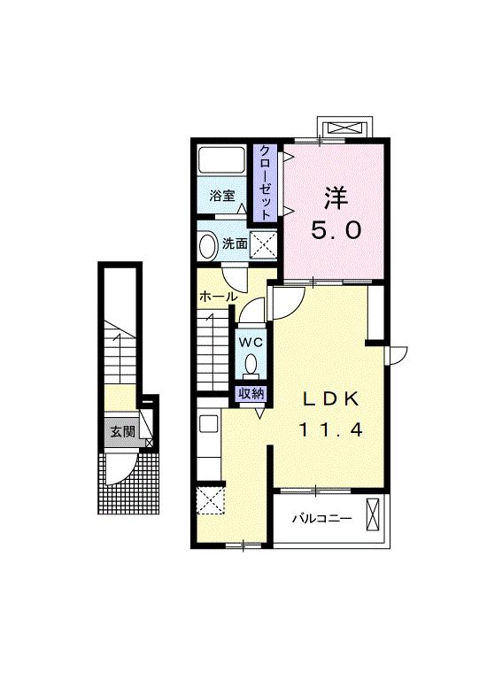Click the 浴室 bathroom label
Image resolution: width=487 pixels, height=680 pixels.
click(x=221, y=196)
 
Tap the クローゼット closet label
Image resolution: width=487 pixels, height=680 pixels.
click(x=265, y=182)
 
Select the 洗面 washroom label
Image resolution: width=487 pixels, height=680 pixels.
click(x=235, y=243)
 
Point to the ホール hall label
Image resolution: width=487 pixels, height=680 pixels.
click(x=218, y=297)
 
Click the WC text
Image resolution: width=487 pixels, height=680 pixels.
click(x=251, y=342)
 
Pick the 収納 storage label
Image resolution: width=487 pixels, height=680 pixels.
click(x=251, y=393)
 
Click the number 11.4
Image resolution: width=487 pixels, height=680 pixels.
click(x=330, y=429)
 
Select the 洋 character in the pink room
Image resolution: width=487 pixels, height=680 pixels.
click(x=336, y=197)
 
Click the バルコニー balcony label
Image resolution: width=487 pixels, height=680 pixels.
click(x=321, y=518)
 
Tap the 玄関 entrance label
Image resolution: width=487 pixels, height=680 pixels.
click(x=122, y=431)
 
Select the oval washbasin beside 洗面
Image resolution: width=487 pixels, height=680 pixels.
click(x=208, y=245)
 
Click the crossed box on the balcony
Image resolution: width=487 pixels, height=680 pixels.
click(x=373, y=514)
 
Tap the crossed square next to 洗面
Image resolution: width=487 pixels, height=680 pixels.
click(x=263, y=245)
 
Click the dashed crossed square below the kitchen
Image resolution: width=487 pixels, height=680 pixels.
click(x=211, y=500)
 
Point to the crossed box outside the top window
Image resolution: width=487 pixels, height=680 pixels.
click(x=344, y=128)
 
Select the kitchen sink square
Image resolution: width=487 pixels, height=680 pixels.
click(x=209, y=423)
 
